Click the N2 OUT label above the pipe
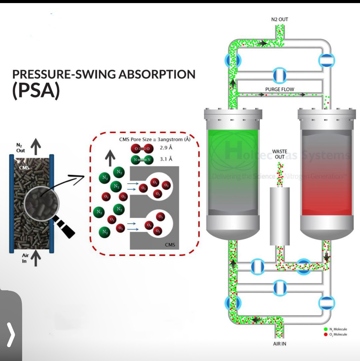coord(279,19)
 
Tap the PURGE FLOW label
coord(279,89)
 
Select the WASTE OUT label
coord(279,154)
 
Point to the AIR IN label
coord(279,344)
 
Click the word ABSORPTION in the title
coord(157,74)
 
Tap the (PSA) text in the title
coord(36,90)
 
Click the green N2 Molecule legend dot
coord(326,329)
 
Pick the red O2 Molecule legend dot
coord(326,335)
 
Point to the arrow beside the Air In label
coord(36,258)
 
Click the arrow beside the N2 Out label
coord(36,146)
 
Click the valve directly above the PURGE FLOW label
coord(279,75)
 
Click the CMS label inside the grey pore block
coord(170,245)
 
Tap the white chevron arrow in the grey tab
coord(11,335)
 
